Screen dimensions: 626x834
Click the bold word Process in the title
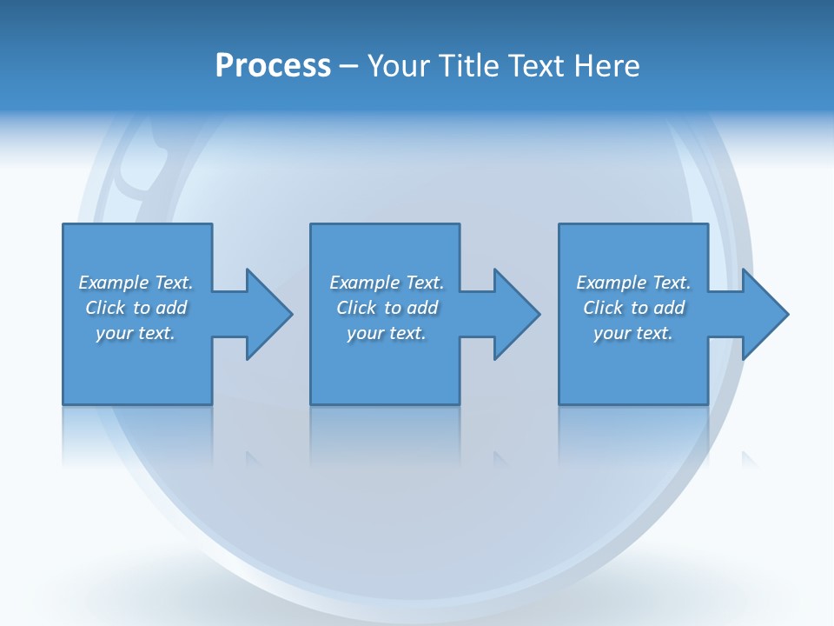273,65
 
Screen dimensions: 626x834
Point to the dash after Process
348,66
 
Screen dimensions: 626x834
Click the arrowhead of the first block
269,314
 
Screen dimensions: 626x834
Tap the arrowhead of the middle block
517,314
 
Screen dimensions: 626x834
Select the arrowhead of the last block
764,314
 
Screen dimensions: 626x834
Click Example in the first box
114,283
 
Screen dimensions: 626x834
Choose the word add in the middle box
422,308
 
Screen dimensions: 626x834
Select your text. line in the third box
633,333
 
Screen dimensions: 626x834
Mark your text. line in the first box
136,333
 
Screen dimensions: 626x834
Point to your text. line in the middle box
387,333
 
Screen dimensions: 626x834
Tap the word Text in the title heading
535,65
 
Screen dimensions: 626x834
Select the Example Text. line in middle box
387,283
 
